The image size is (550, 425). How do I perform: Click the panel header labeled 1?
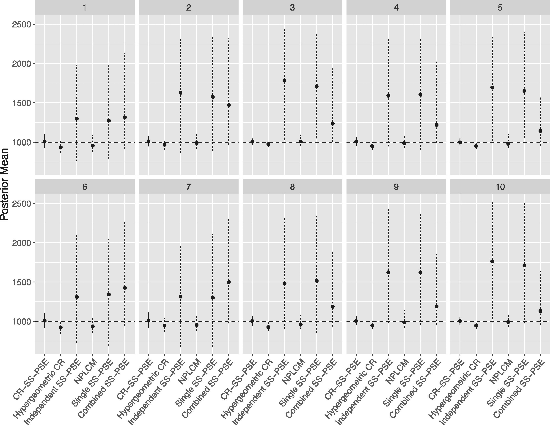tap(85, 8)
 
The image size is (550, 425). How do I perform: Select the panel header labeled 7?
tap(188, 187)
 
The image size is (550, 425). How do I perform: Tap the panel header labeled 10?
tap(500, 187)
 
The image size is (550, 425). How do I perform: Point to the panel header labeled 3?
tap(292, 8)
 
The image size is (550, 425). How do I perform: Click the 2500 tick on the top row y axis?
tap(21, 24)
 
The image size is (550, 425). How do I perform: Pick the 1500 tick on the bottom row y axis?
tap(21, 282)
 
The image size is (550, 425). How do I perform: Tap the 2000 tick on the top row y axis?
tap(21, 64)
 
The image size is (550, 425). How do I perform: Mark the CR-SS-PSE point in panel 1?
tap(45, 141)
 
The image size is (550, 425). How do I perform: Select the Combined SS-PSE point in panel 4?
tap(436, 125)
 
